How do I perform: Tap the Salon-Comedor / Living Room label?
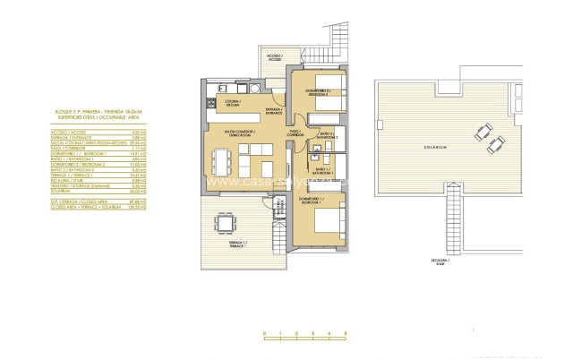241,136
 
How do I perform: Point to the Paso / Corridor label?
294,133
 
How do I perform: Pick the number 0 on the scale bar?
264,334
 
